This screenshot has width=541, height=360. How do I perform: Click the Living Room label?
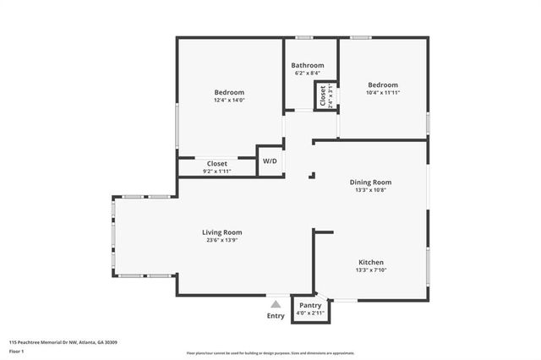[x=221, y=232]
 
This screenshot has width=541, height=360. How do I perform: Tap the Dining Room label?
[x=370, y=182]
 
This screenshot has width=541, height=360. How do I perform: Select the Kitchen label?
[x=371, y=263]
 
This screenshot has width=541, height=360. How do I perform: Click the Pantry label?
[x=310, y=305]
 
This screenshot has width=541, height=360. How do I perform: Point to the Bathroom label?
[x=308, y=65]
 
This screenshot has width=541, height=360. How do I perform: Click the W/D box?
[x=270, y=161]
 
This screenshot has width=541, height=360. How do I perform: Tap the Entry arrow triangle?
[x=276, y=304]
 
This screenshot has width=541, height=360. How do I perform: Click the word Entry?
[x=276, y=315]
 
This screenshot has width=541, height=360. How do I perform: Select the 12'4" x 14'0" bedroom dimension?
[x=228, y=101]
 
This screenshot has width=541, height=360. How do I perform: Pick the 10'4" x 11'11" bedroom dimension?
[x=382, y=93]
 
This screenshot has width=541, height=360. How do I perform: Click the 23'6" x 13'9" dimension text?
[x=221, y=241]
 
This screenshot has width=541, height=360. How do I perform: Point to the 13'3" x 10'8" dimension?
[x=370, y=190]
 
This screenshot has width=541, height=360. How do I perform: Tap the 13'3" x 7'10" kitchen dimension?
[x=371, y=271]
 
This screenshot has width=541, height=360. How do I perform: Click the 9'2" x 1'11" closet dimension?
[x=216, y=172]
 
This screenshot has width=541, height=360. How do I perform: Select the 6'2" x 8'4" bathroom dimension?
[x=308, y=74]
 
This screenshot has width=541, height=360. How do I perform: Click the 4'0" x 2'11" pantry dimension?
[x=310, y=314]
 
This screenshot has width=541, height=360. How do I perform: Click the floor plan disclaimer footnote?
[x=270, y=352]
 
